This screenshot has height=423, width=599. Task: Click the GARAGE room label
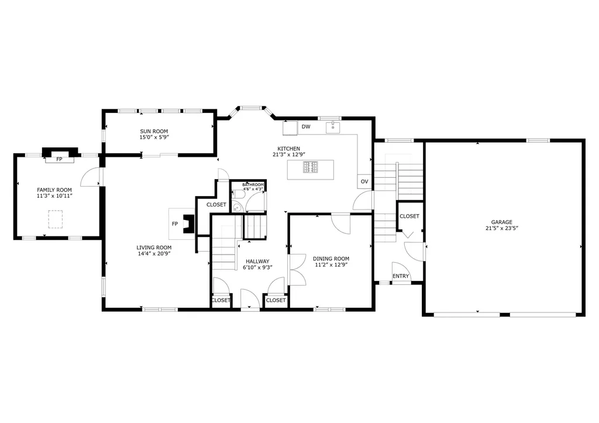pos(501,222)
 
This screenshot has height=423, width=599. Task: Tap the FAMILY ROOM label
pos(54,190)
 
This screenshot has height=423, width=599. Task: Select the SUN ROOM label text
pos(154,131)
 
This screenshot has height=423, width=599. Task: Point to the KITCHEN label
pos(288,149)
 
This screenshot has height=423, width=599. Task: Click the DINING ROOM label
pos(331,259)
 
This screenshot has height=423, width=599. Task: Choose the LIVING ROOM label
pos(154,247)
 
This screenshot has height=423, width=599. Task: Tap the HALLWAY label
pos(257,262)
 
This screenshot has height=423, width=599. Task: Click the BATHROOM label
pos(253,185)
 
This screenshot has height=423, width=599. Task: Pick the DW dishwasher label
pos(306,126)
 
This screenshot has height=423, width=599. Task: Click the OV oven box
pos(364,181)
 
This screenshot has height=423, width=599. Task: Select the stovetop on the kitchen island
pos(311,167)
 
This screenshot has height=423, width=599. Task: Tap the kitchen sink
pos(333,126)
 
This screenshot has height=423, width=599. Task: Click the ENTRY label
pos(401,276)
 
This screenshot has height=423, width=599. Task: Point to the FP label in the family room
pos(59,159)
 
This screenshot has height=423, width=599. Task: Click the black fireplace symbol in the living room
pos(188,224)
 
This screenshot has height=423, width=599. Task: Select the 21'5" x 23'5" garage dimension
pos(501,229)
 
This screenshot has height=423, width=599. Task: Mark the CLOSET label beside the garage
pos(409,216)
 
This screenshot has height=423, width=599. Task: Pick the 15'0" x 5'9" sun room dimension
pos(154,137)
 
